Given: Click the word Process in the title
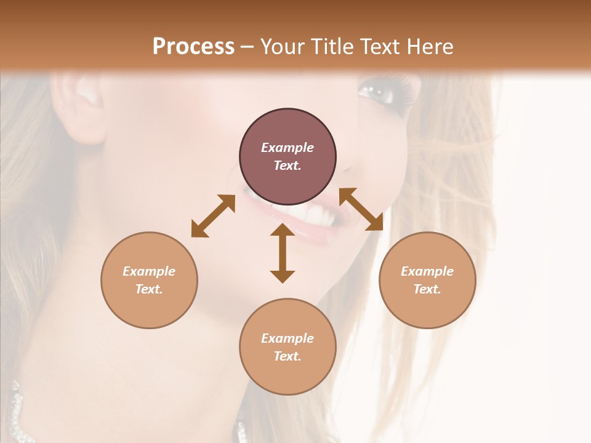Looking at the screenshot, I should [193, 47].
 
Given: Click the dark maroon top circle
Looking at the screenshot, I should [287, 157].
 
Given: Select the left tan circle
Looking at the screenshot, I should [149, 280].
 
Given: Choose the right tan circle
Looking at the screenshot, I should [427, 280].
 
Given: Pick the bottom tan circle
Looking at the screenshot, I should [287, 347].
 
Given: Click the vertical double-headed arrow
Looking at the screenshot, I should [283, 253].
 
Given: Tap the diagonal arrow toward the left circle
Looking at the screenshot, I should [213, 216].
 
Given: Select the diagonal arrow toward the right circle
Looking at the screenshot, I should [361, 209].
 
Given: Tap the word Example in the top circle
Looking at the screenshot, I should [287, 148].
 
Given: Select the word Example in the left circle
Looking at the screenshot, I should [149, 271].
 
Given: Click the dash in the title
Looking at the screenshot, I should [247, 47].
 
